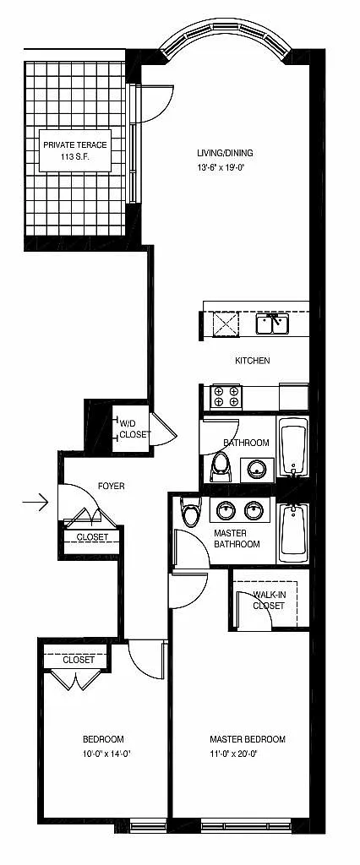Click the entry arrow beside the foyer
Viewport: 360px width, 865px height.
[35, 502]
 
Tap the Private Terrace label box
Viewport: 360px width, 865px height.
[75, 150]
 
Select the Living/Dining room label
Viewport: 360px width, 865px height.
[226, 154]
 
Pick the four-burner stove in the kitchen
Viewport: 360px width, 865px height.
[226, 396]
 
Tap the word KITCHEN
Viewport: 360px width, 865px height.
[253, 361]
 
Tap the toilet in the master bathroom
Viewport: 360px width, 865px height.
[191, 511]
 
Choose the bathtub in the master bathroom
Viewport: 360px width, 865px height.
[292, 532]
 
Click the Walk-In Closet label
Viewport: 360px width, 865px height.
[269, 601]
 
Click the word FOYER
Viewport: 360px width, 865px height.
[111, 486]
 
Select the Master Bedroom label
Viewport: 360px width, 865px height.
[248, 738]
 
